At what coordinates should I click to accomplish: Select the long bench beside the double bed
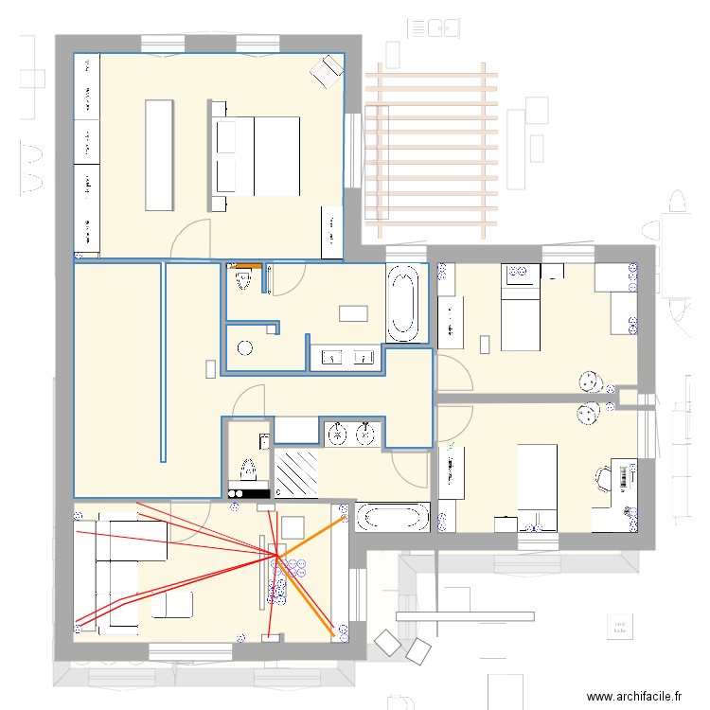[x=159, y=154]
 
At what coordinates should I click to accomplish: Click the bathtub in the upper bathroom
[x=403, y=304]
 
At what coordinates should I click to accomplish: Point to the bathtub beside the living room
[x=391, y=518]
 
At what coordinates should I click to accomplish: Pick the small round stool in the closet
[x=246, y=347]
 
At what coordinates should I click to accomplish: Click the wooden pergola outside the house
[x=431, y=151]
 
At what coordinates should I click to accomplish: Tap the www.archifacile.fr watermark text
[x=635, y=696]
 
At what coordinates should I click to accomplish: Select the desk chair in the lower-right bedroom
[x=603, y=477]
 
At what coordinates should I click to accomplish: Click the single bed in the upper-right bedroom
[x=520, y=308]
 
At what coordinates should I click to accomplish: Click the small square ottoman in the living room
[x=293, y=526]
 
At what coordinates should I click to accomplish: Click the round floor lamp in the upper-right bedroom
[x=592, y=381]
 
